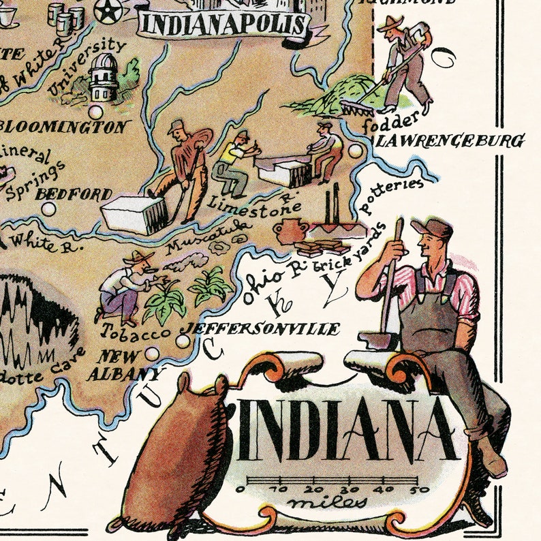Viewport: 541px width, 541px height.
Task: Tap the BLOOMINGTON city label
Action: coord(65,127)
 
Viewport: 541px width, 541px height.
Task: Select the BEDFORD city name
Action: coord(74,194)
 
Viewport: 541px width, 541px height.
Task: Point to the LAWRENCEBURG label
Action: coord(450,141)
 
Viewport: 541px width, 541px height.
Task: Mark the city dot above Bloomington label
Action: coord(96,111)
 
